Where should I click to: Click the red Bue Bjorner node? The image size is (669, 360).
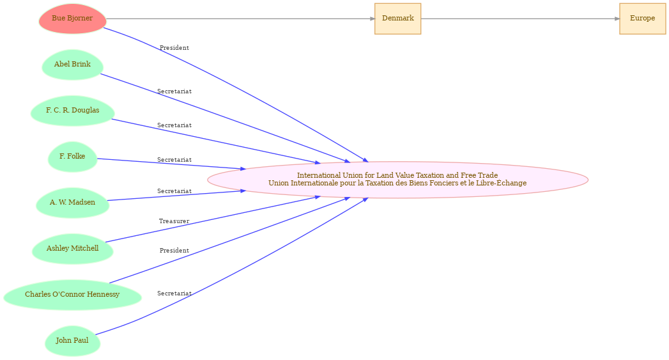(72, 19)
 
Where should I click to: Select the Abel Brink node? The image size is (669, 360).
(72, 65)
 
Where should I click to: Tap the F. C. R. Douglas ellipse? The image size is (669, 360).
(73, 111)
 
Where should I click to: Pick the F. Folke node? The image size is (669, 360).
(73, 157)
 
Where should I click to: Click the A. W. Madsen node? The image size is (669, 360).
(73, 203)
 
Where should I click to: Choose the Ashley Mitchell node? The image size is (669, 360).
(73, 249)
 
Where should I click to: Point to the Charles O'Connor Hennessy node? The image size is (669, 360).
(73, 295)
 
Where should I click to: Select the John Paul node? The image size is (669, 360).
(73, 341)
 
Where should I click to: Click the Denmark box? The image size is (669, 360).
(397, 19)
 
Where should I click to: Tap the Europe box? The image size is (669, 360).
(643, 19)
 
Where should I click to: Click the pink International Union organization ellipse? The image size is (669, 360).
(397, 180)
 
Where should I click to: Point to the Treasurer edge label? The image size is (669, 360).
(174, 221)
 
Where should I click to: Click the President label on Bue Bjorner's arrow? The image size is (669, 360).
(174, 48)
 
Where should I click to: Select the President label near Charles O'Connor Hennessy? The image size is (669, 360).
(174, 251)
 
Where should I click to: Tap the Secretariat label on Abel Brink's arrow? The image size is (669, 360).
(174, 91)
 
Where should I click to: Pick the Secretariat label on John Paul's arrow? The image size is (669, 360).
(174, 293)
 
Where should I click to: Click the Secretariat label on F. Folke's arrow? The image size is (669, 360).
(174, 160)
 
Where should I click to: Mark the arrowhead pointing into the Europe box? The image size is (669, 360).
(617, 19)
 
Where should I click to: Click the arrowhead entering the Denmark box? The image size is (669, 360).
(372, 19)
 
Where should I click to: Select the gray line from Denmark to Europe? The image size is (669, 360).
(520, 19)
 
